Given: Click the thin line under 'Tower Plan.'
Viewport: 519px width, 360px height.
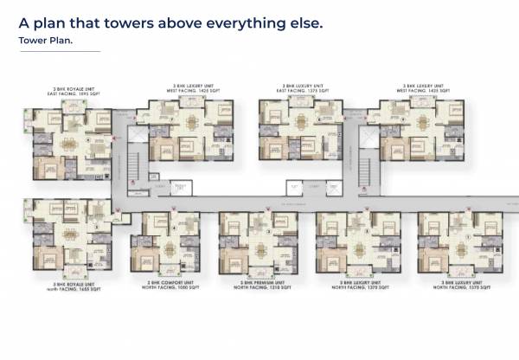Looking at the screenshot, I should click(x=59, y=52).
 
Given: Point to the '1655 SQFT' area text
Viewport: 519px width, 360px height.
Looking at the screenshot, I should click(x=83, y=286).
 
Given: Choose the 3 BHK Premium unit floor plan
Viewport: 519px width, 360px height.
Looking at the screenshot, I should click(x=258, y=244).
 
